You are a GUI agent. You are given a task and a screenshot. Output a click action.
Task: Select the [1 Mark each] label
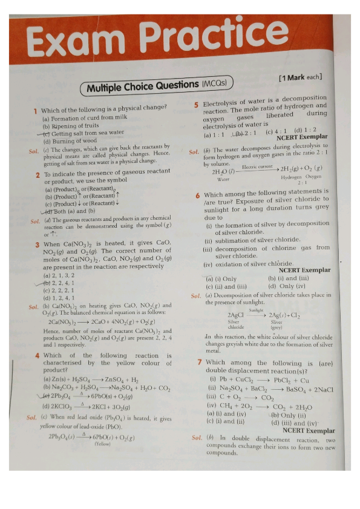300,77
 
